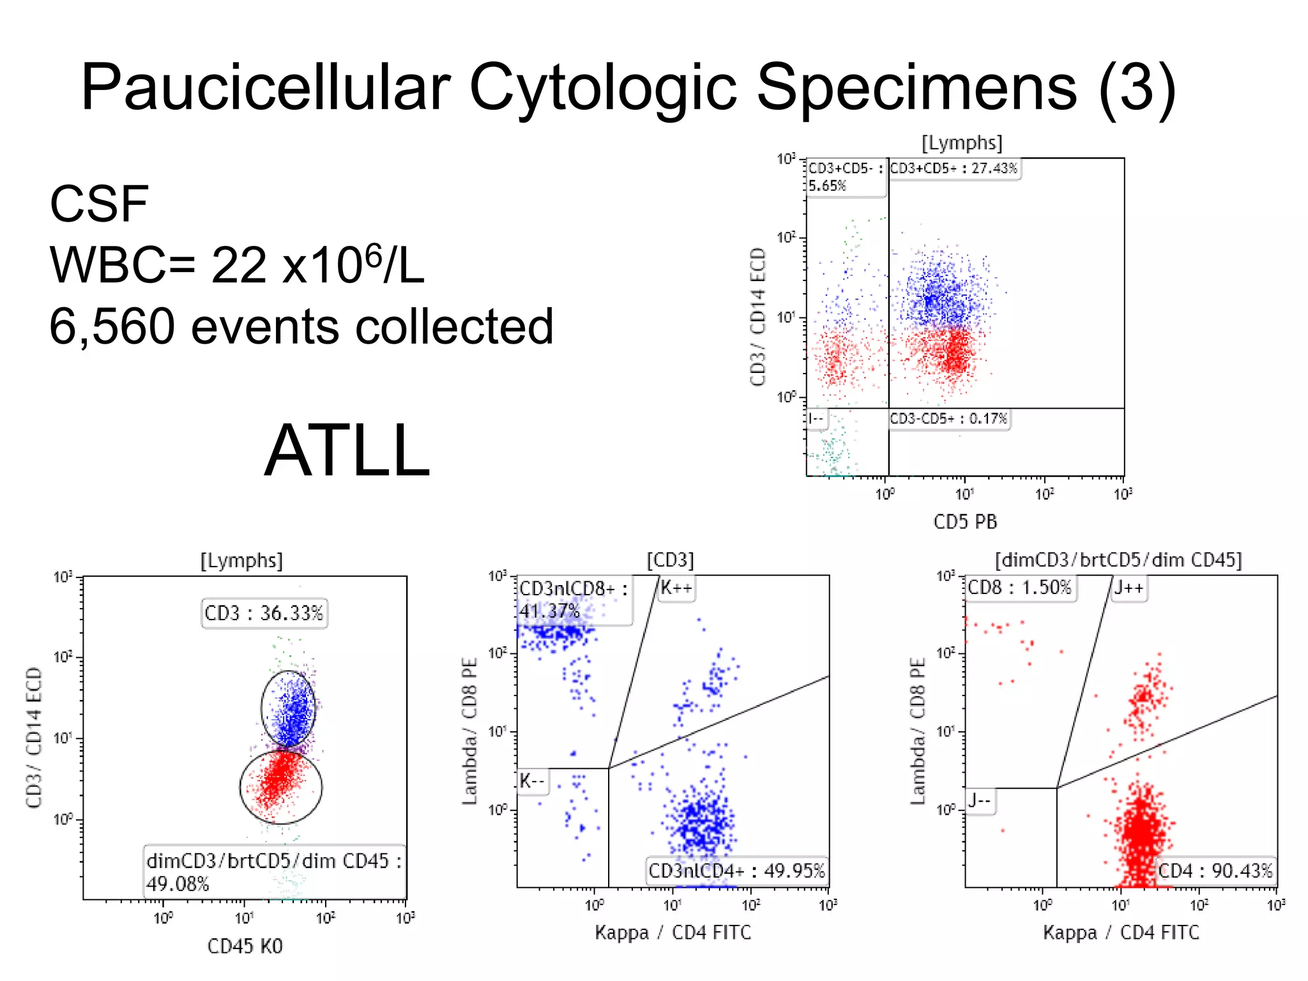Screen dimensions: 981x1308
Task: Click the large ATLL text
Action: [x=347, y=451]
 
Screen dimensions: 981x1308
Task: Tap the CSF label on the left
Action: [x=99, y=204]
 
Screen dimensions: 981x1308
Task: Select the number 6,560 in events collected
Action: [x=112, y=326]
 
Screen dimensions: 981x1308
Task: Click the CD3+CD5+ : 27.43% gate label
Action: [x=954, y=169]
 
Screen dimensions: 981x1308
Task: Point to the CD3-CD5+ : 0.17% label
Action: [x=948, y=419]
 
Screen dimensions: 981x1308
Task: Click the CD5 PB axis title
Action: [x=965, y=522]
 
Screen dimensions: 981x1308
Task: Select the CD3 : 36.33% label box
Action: [x=264, y=613]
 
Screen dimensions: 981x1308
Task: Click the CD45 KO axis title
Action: [x=245, y=946]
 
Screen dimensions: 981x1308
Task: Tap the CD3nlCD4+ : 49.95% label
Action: [x=736, y=871]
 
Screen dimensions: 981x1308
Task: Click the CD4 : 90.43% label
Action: [x=1215, y=871]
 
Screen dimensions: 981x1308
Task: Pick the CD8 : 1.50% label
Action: [x=1019, y=588]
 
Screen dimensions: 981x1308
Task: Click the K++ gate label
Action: [x=676, y=588]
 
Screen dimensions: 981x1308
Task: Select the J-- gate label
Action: [x=980, y=801]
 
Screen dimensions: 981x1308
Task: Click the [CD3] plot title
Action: [x=670, y=560]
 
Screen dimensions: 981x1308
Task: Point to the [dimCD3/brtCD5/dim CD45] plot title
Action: [x=1118, y=560]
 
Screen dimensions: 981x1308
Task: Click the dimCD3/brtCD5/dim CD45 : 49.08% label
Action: [x=273, y=872]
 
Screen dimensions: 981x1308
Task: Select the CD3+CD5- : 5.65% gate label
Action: [x=846, y=177]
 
